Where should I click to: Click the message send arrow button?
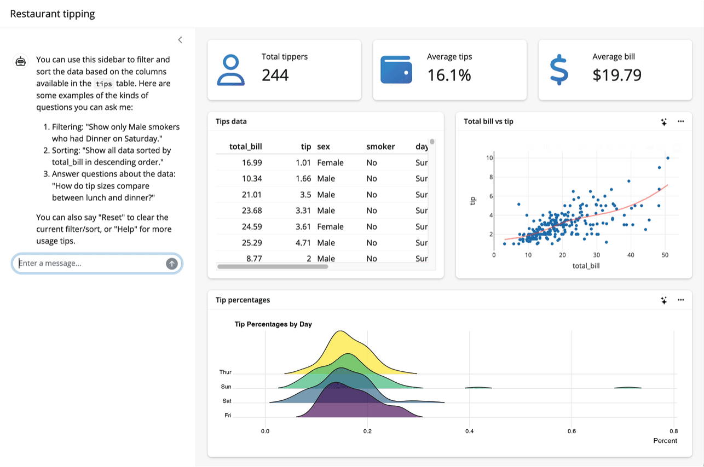click(172, 264)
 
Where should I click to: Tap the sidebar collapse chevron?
click(180, 40)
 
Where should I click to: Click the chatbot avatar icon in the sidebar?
click(21, 61)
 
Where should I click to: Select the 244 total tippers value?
click(275, 75)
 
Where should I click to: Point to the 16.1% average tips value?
click(449, 75)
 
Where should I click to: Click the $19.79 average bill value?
click(617, 75)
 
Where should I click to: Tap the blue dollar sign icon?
click(558, 69)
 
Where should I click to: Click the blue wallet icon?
click(396, 69)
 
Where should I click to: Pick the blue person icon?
click(231, 69)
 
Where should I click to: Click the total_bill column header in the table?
click(246, 147)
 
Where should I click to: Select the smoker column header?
click(380, 147)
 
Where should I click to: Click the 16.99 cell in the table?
click(252, 162)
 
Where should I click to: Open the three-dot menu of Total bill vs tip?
click(680, 121)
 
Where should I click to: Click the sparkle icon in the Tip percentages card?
click(663, 300)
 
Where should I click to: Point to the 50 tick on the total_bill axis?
click(665, 255)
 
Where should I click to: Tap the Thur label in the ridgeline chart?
click(225, 372)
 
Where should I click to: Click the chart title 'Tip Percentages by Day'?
click(273, 324)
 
